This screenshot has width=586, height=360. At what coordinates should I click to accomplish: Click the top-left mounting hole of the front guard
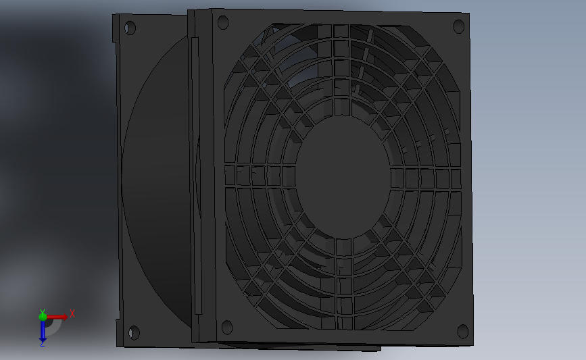coord(223,22)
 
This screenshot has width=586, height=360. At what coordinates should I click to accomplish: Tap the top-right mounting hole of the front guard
coord(458,26)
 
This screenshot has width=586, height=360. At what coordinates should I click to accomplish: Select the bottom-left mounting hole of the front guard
coord(227,328)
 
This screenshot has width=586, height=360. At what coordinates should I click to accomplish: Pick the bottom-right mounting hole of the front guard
coord(463,331)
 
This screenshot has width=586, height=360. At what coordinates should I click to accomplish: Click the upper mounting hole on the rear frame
coord(130,28)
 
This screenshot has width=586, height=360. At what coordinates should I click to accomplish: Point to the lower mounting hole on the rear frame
coord(134,333)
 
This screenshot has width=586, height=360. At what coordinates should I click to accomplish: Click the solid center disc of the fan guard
coord(344,177)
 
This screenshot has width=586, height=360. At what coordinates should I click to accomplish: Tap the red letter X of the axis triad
coord(72,313)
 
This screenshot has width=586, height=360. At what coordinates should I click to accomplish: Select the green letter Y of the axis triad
coord(43,312)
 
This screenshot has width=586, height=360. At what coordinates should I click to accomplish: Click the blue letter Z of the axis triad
coord(42,344)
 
